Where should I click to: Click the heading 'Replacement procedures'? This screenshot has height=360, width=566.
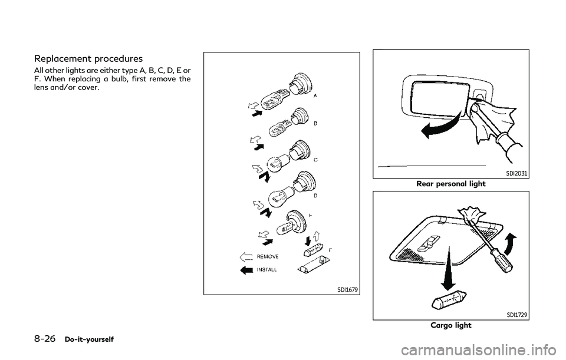[88, 59]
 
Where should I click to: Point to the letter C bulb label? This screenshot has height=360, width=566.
[315, 159]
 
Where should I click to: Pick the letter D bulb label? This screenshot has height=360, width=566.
[316, 195]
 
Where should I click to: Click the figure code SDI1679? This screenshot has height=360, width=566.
[346, 288]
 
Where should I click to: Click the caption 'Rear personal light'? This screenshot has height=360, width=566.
[451, 184]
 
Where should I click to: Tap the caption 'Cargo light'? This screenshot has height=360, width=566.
[451, 325]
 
